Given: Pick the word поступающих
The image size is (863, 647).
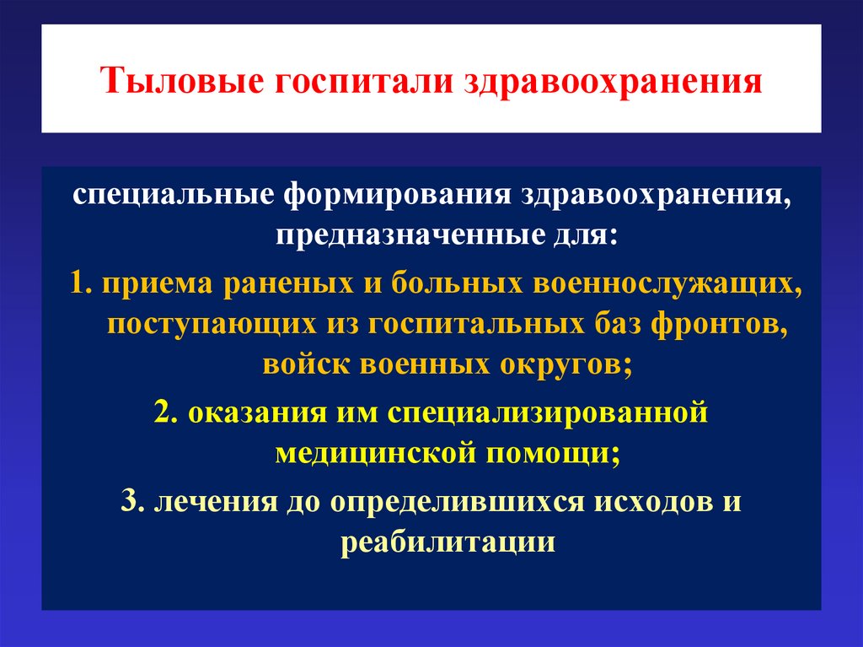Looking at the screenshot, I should [203, 325].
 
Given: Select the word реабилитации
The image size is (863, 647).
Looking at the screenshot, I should [448, 541].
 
